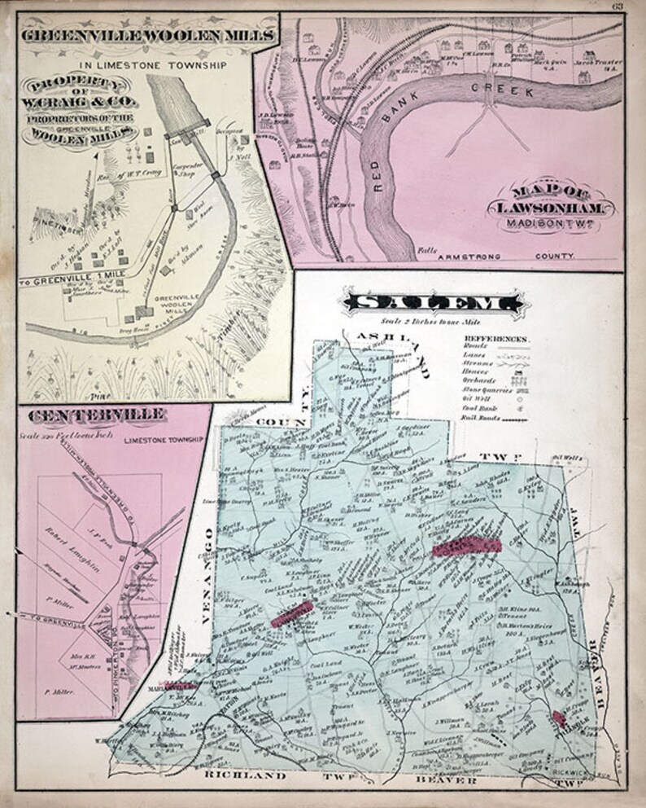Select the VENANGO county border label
[207, 563]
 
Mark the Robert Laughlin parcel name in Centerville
[81, 539]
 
